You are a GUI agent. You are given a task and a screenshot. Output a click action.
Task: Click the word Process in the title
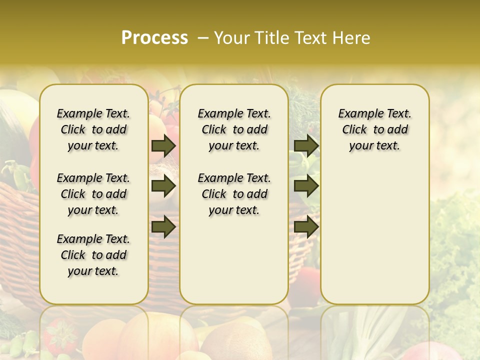coord(154,37)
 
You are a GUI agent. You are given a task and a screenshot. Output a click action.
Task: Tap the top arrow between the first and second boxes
coord(163,145)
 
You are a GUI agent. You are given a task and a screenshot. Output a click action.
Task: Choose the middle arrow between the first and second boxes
coord(163,186)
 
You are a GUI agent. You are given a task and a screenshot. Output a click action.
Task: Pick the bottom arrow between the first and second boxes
coord(163,226)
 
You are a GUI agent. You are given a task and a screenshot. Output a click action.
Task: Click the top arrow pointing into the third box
coord(306,145)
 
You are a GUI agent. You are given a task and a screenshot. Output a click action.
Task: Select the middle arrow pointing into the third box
coord(306,186)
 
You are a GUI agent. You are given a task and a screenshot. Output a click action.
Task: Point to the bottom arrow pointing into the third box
coord(306,226)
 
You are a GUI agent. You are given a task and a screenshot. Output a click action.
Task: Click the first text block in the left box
coord(93,129)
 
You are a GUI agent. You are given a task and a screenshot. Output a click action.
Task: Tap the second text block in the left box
coord(93,194)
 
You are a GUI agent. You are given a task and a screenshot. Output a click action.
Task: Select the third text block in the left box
coord(93,255)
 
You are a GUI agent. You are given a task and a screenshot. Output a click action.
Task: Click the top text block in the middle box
coord(234,129)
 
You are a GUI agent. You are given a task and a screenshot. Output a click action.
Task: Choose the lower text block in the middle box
coord(234,194)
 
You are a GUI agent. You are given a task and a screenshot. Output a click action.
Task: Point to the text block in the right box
coord(375,129)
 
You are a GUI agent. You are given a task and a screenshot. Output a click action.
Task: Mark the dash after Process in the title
coord(203,38)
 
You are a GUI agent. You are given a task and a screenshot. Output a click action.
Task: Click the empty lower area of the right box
coord(375,235)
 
